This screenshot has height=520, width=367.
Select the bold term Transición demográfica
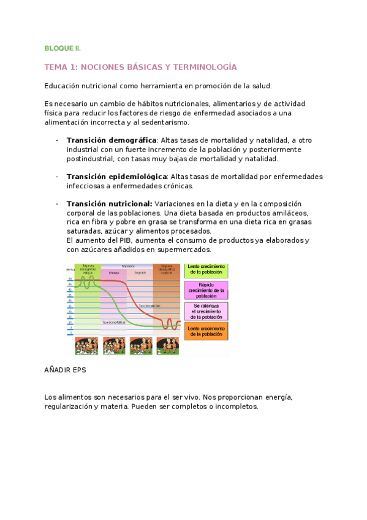coord(111,140)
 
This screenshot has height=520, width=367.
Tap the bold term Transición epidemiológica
coord(117,177)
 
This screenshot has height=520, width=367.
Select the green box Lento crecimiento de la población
coord(206,270)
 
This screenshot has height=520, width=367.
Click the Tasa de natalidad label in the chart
coord(149,305)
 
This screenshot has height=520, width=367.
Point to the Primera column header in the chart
coord(113,273)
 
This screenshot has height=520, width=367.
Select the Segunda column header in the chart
coord(140,273)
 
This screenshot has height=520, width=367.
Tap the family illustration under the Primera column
coord(113,346)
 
